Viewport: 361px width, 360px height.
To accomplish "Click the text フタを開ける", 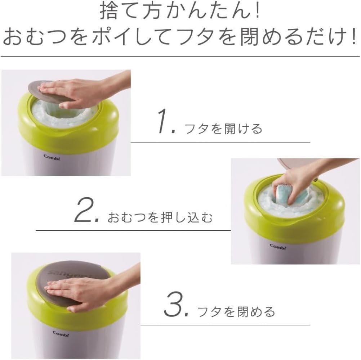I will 223,129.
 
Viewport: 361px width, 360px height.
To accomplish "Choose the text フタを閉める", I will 236,311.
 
